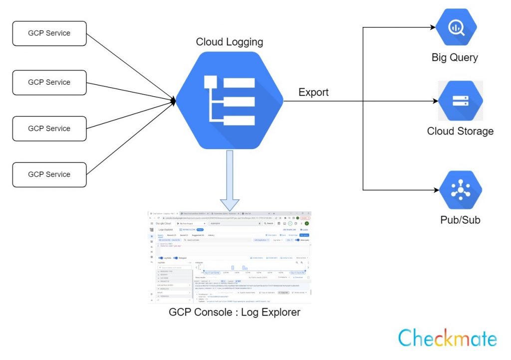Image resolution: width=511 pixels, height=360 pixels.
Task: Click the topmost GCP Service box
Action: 49,33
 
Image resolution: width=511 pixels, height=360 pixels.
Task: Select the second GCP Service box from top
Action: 49,82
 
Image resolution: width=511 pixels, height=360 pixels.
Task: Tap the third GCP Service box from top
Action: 49,129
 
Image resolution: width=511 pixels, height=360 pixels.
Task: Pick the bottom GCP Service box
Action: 49,175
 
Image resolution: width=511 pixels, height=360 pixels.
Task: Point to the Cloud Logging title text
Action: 230,42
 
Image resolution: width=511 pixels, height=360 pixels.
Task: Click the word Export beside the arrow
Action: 313,92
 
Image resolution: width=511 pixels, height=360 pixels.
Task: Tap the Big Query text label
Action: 455,57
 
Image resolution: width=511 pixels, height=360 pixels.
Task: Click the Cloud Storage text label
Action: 460,131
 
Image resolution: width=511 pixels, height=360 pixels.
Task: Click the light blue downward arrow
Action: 230,180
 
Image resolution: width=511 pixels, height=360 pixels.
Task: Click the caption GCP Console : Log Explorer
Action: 235,313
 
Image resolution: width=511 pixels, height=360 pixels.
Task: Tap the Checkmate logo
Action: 448,338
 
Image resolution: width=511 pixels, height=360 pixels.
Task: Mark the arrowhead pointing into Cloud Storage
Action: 436,101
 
